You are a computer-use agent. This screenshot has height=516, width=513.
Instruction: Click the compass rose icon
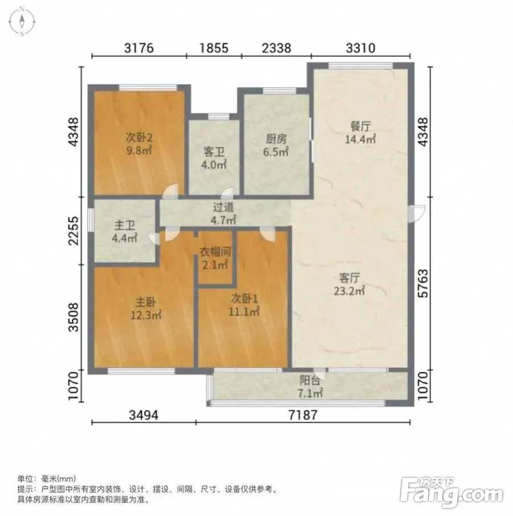point(22,22)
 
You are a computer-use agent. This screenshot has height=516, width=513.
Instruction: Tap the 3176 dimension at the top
point(139,48)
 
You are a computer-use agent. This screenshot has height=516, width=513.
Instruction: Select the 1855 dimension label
point(214,48)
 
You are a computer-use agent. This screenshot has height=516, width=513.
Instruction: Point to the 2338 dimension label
point(276,48)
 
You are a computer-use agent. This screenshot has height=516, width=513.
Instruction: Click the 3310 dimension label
point(361,48)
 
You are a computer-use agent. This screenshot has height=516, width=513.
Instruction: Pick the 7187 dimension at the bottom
point(303,415)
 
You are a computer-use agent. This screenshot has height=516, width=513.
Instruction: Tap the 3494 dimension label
point(144,415)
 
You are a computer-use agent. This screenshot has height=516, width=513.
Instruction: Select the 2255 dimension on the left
point(74,231)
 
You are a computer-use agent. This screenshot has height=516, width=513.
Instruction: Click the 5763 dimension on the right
point(423,283)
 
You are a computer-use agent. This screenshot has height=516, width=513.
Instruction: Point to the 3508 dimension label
point(74,317)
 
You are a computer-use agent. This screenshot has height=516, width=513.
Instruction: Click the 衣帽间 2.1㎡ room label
point(215,259)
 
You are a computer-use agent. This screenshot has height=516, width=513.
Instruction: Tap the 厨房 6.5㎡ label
point(276,145)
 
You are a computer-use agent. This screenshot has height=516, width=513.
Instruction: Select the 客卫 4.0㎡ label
point(214,158)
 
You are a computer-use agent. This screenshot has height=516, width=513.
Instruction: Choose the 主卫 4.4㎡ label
point(124,232)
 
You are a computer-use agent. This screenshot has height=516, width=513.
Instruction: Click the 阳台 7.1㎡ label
point(310,387)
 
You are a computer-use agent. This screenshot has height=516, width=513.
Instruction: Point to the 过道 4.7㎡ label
point(223,213)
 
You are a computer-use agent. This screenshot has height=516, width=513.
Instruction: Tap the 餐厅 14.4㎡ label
point(360,133)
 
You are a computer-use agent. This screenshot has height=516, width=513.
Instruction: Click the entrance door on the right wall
point(417,213)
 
